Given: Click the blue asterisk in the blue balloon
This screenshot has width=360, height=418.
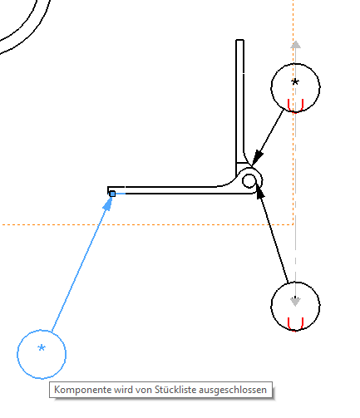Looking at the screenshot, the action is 42,347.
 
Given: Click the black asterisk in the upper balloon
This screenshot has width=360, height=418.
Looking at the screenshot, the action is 295,82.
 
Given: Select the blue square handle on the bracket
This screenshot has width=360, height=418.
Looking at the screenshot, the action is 112,194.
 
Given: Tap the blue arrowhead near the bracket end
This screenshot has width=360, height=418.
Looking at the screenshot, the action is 108,204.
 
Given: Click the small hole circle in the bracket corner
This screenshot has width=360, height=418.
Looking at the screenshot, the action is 249,181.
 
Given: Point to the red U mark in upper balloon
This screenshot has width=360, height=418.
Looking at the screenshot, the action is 295,106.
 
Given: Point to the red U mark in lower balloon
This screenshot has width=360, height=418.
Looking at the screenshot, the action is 295,324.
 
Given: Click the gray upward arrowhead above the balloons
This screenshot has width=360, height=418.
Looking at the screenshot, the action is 295,45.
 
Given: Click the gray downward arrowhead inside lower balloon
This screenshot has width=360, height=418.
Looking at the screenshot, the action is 295,302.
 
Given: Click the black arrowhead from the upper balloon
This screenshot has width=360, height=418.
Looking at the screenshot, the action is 257,158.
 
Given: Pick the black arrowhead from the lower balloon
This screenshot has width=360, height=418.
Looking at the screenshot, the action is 259,191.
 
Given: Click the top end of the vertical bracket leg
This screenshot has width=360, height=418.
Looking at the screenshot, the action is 240,40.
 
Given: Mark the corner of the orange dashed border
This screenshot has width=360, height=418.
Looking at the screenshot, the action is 293,224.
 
